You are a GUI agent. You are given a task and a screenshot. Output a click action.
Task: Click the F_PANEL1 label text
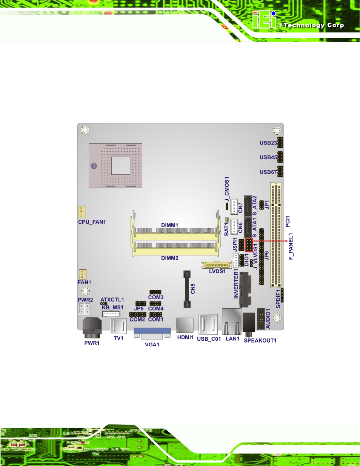point(291,246)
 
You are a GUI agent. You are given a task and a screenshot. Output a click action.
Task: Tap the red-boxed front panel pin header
point(249,245)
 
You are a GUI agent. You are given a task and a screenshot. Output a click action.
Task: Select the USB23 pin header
point(280,143)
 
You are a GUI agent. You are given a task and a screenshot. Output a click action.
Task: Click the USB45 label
point(268,157)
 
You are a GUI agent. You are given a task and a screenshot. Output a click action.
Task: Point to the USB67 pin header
point(280,171)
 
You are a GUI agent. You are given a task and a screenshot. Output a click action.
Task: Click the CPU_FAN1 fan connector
point(82,212)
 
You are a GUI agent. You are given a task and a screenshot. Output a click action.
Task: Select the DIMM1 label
point(169,225)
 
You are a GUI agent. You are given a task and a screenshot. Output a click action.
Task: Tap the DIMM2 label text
point(170,258)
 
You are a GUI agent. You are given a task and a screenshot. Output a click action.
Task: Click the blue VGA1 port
point(152,334)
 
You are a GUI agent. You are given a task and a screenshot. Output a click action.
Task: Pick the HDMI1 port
point(185,325)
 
